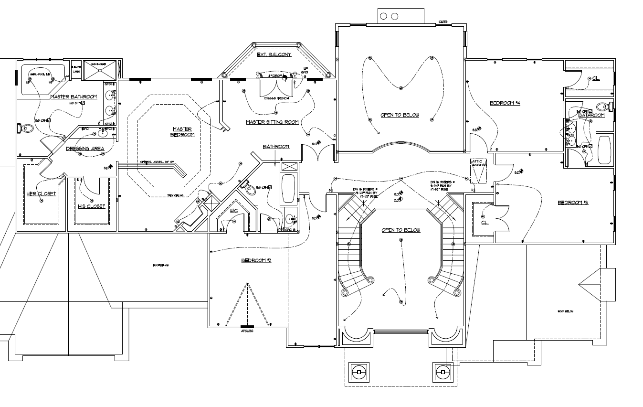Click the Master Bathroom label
coord(74,96)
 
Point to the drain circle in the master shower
coord(100,70)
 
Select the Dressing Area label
coord(85,149)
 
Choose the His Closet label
coord(91,206)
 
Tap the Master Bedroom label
coord(183,132)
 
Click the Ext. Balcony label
coord(274,55)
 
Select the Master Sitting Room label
coord(272,122)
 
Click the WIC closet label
coord(233,210)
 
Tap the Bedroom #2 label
coord(256,260)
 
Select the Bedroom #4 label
coord(505,103)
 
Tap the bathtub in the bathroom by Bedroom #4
coord(604,150)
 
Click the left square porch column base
coord(358,371)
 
